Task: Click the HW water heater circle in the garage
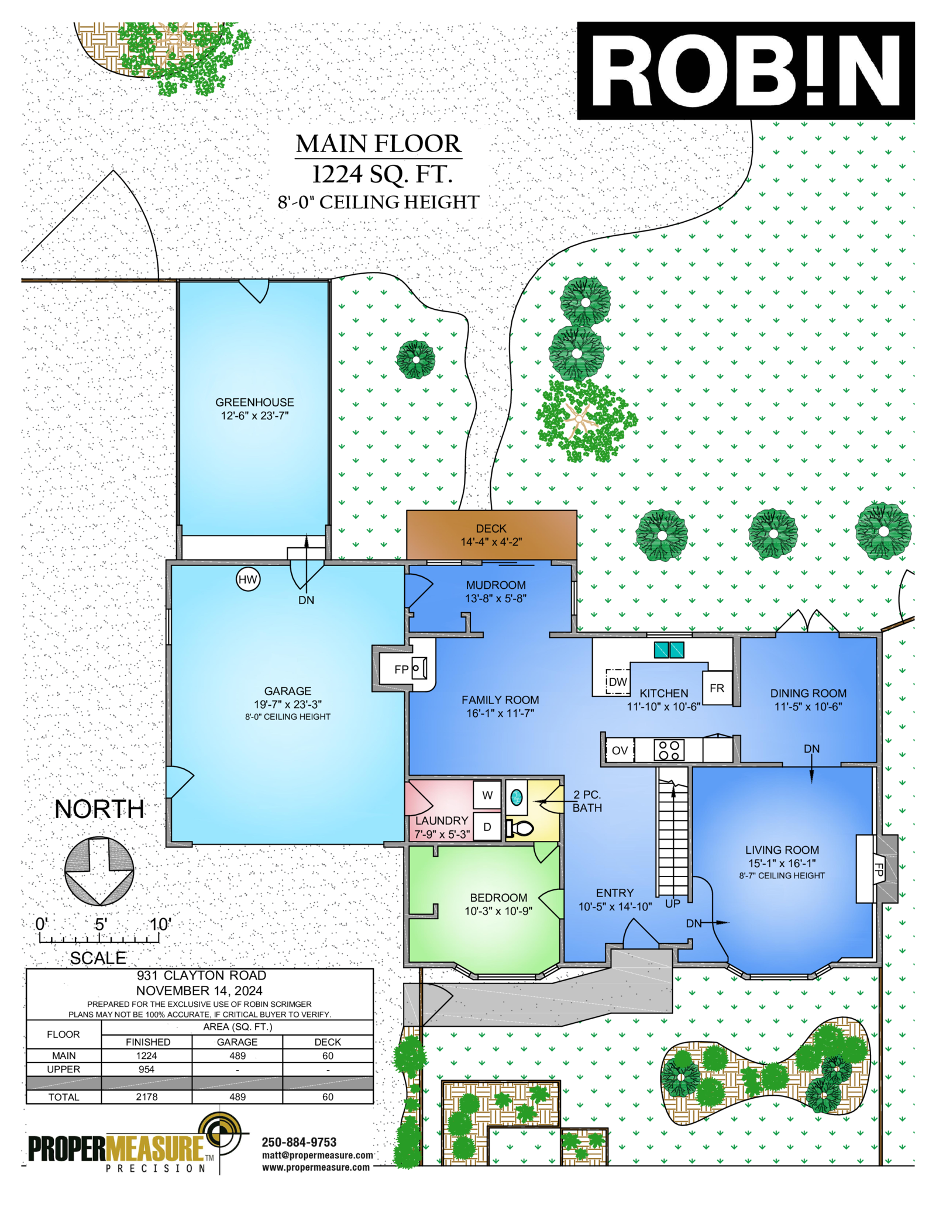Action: click(247, 579)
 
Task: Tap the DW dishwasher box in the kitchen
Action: click(617, 681)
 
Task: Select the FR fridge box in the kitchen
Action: click(717, 688)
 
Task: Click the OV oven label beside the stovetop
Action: click(620, 750)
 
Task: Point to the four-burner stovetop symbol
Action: click(669, 750)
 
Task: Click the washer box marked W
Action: click(487, 795)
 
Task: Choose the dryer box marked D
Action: click(487, 827)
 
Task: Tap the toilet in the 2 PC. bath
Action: click(520, 828)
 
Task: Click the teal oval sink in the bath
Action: click(517, 796)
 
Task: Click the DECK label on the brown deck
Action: click(491, 529)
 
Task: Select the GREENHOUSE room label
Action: click(254, 402)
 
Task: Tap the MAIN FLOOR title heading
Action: click(378, 144)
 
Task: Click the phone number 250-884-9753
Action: click(299, 1142)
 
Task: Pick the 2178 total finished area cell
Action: click(147, 1097)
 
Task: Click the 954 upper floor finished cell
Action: click(147, 1069)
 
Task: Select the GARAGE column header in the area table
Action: click(237, 1042)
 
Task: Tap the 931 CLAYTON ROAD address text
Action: click(201, 975)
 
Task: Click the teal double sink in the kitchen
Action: click(669, 650)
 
